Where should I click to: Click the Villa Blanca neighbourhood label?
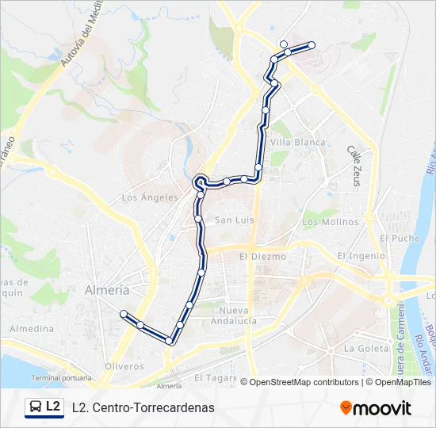click(298, 143)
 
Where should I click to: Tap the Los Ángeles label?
click(150, 197)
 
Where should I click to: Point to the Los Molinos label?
click(330, 223)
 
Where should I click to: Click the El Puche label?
click(399, 238)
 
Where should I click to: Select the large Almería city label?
click(107, 290)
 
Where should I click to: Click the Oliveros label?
click(124, 366)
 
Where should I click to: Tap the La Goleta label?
click(364, 348)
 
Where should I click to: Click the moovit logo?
click(375, 408)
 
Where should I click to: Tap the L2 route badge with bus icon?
click(44, 407)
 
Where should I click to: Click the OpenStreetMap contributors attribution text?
click(301, 382)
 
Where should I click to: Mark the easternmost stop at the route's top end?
click(312, 45)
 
